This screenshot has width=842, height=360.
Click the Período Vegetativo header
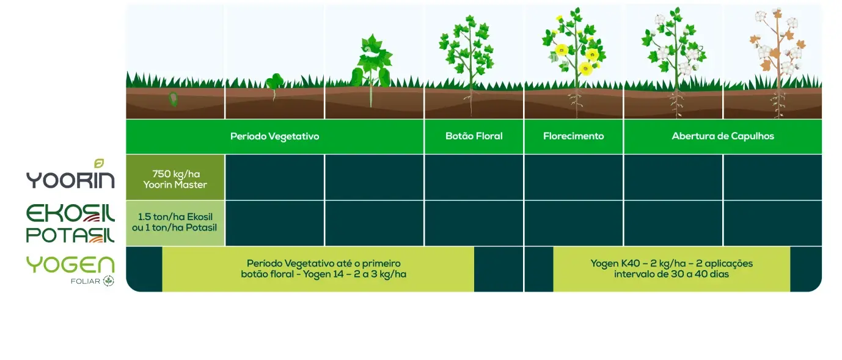[x=275, y=136]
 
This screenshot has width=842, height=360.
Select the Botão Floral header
[x=474, y=136]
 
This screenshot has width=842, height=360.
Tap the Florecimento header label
[x=573, y=136]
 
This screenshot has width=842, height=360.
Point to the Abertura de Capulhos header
[x=723, y=136]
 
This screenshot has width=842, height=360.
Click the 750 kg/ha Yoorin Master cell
[x=175, y=177]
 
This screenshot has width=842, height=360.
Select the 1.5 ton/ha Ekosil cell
[x=175, y=223]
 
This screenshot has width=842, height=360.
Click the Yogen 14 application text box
[x=318, y=269]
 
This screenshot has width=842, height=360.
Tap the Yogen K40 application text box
[x=672, y=269]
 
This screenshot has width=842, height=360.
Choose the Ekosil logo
[x=70, y=214]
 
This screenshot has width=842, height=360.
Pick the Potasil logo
[x=70, y=235]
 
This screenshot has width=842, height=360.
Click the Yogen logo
[x=70, y=265]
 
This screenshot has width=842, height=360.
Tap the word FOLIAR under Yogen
[x=86, y=281]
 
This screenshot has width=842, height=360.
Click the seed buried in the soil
[x=174, y=99]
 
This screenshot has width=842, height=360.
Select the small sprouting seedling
[x=274, y=85]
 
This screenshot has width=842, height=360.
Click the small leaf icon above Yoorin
[x=99, y=163]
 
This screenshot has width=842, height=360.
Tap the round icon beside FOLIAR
[x=109, y=281]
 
